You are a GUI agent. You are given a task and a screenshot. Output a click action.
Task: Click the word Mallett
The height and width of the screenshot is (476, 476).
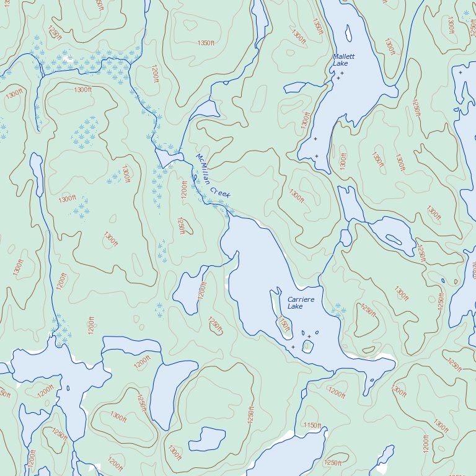pyautogui.click(x=343, y=56)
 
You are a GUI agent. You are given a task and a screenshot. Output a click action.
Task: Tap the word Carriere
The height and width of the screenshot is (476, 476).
pyautogui.click(x=301, y=299)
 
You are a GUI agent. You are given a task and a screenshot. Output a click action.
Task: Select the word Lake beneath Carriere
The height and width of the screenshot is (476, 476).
pyautogui.click(x=295, y=307)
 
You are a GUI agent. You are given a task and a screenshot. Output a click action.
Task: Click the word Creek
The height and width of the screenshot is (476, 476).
pyautogui.click(x=220, y=192)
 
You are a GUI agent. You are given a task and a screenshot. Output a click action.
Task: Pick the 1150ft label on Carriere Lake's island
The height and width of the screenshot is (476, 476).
pyautogui.click(x=284, y=324)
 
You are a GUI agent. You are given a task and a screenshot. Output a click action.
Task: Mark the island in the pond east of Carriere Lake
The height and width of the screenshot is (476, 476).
pyautogui.click(x=394, y=239)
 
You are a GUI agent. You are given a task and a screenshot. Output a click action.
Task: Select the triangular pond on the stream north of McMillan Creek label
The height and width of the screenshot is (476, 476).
pyautogui.click(x=207, y=110)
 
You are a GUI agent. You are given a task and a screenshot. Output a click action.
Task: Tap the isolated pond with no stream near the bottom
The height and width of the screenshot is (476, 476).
pyautogui.click(x=208, y=439)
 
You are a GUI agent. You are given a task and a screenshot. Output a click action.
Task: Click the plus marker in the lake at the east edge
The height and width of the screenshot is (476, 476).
pyautogui.click(x=460, y=73)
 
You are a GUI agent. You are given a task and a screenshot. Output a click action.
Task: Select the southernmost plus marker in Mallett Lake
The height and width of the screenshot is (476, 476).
pyautogui.click(x=317, y=156)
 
